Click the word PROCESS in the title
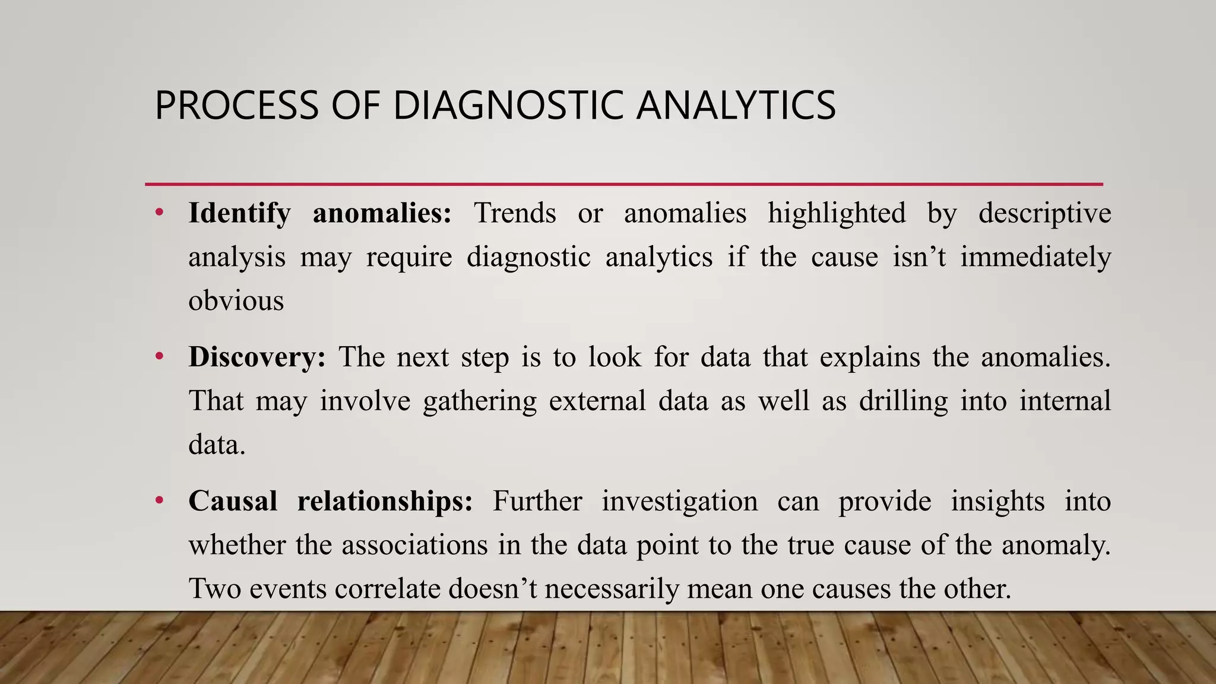point(236,106)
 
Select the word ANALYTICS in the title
point(736,106)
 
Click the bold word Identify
point(239,214)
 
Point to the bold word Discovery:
point(257,357)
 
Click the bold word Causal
point(233,501)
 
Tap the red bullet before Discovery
point(159,357)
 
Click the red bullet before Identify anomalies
point(159,213)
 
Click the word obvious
point(236,300)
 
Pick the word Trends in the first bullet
point(515,213)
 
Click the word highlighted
point(837,214)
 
